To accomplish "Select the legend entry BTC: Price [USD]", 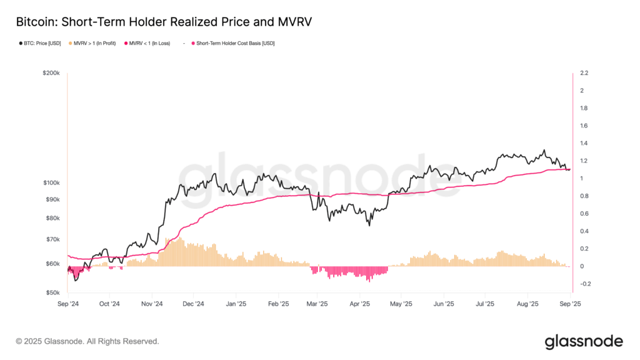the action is (40, 43).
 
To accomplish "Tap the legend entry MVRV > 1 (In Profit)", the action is (92, 43).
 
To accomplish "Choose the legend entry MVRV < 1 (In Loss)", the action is (147, 43).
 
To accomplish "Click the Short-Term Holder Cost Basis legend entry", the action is (233, 43).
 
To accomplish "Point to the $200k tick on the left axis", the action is (51, 73).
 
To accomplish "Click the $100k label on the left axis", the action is (51, 182).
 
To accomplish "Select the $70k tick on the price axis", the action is (53, 239).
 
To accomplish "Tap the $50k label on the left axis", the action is (53, 292).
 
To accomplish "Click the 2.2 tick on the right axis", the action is (584, 73).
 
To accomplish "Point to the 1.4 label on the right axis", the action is (584, 143).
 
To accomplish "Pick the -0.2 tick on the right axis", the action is (585, 284).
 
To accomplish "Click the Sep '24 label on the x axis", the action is (68, 304).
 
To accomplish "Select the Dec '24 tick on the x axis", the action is (193, 304).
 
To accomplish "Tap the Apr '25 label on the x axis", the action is (359, 304).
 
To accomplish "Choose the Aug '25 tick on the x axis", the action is (527, 304).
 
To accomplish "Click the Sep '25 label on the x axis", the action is (570, 304).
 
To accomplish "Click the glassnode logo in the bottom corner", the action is (584, 342).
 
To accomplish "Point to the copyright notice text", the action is (87, 341).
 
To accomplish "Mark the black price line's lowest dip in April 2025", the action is (369, 226).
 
